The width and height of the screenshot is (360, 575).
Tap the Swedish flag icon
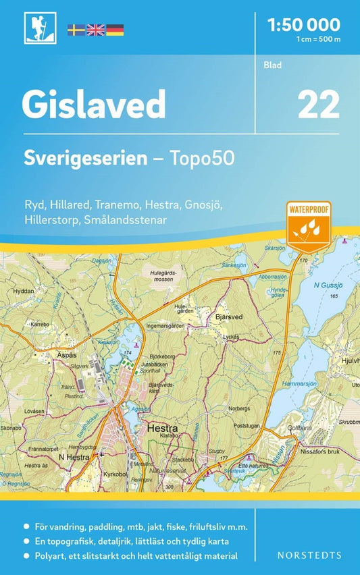point(76,30)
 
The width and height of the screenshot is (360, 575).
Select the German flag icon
point(115,30)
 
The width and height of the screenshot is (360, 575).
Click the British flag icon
point(95,30)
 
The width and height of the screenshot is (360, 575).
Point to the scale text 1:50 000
point(304,26)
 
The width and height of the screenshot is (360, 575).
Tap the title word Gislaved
point(94,104)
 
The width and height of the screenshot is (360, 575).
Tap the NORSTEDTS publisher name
point(309,555)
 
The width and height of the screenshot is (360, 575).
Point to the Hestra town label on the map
point(161,427)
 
